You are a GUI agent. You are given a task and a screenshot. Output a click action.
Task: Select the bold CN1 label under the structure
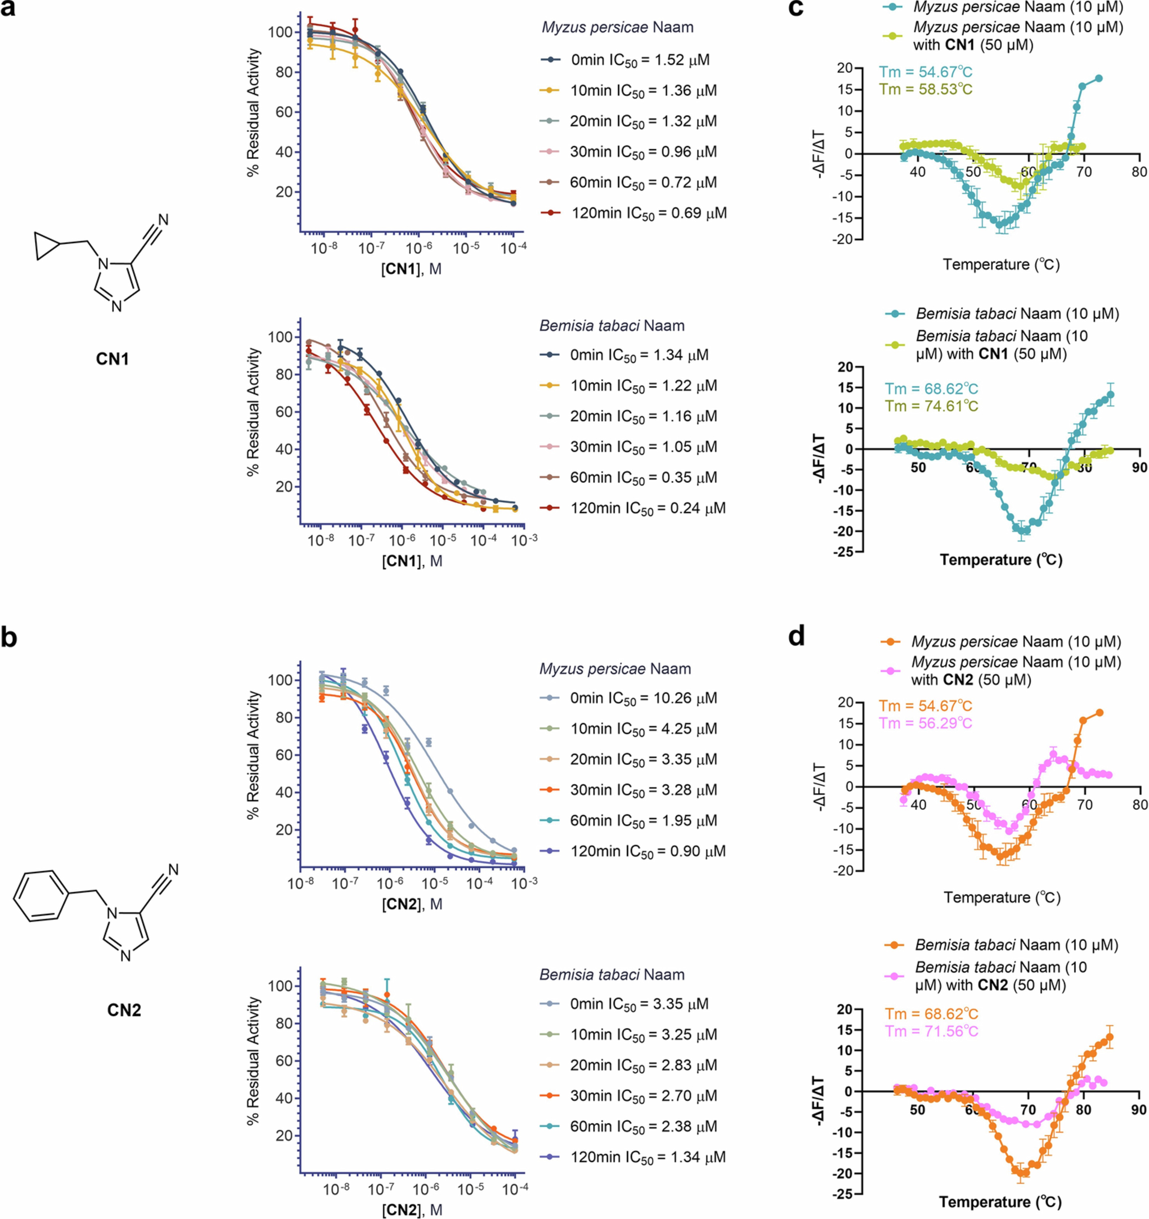[112, 359]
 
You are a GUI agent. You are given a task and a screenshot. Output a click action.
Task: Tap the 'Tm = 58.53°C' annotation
[926, 90]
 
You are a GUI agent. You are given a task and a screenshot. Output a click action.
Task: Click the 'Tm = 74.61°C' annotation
[931, 406]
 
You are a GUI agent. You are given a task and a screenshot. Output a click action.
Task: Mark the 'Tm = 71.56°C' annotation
[931, 1031]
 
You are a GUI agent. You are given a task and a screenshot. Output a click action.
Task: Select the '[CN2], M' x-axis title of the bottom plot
[412, 1210]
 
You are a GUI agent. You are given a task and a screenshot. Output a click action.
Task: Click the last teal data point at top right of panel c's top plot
[1099, 78]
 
